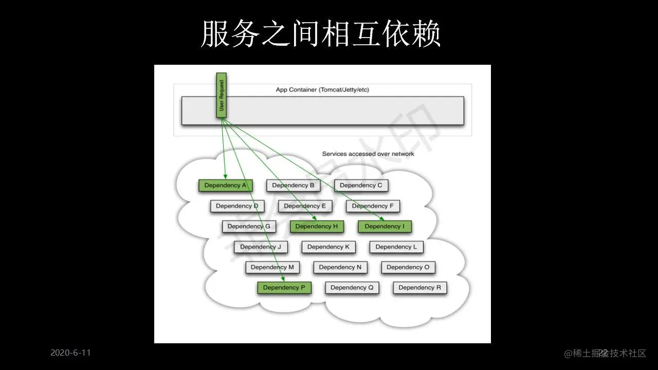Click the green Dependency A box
pos(225,186)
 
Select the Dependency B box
pos(293,186)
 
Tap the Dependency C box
pos(361,186)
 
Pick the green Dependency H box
pos(317,226)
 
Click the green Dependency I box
pos(385,226)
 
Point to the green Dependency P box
pos(284,288)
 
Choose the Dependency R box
pos(419,288)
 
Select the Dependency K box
pos(328,247)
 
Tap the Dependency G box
pos(249,226)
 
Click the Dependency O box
pos(408,267)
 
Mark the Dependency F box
pos(373,206)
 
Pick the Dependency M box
pos(272,267)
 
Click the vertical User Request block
pos(222,95)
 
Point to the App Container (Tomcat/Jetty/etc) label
pos(322,90)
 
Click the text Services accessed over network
pos(368,154)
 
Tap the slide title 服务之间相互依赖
pos(320,34)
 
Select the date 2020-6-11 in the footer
pos(70,353)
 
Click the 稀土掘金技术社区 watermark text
pos(605,353)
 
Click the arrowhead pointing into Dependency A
pos(225,177)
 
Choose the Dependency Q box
pos(352,288)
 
